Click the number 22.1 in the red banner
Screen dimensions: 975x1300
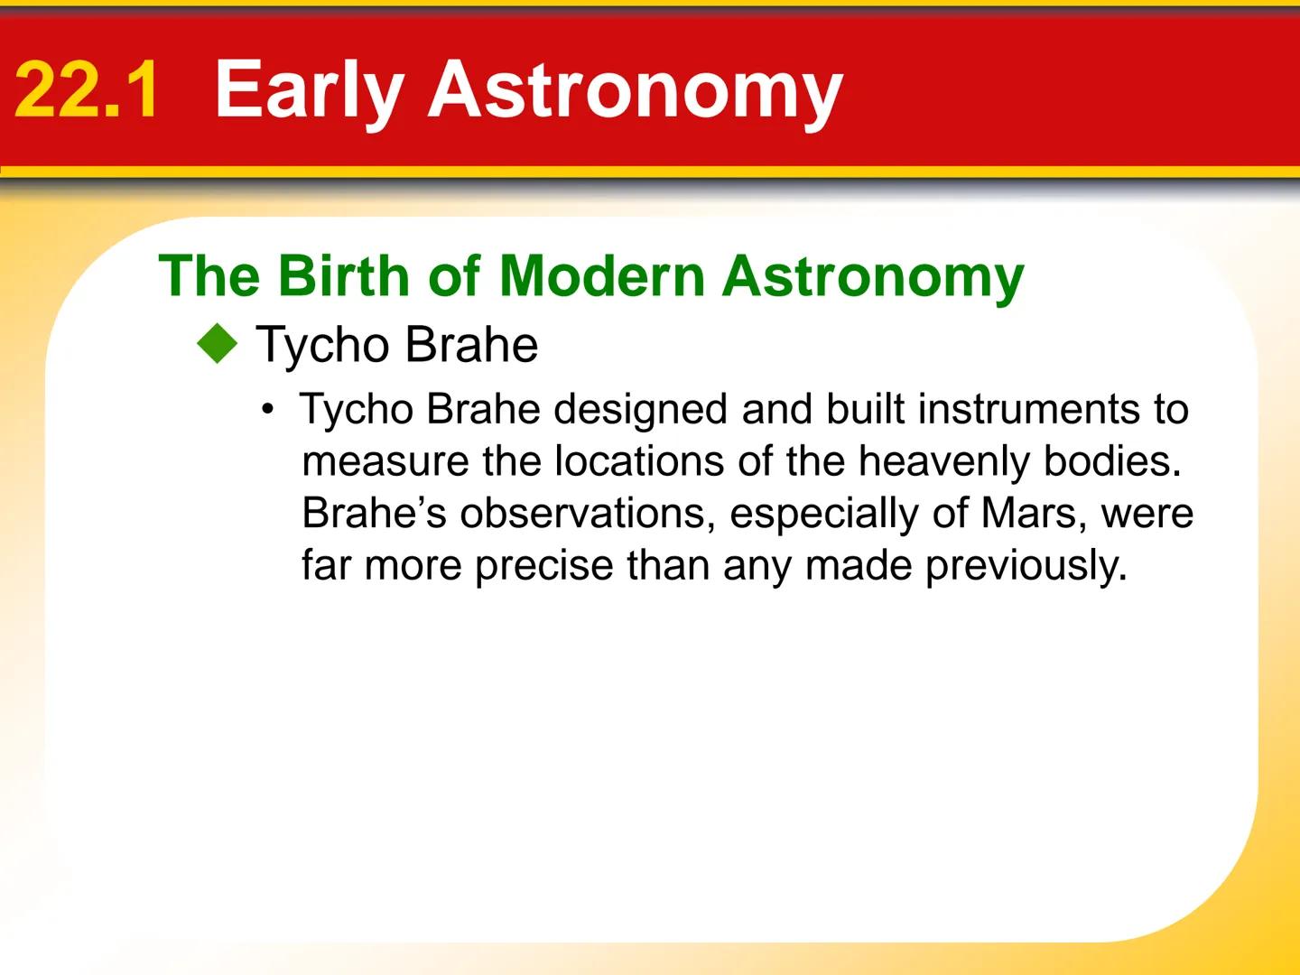point(87,90)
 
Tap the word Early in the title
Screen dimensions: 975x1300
point(308,90)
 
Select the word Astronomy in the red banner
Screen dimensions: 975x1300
point(635,90)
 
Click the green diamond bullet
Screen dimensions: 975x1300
point(218,345)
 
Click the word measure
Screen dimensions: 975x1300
point(385,461)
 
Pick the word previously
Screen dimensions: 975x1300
point(1026,566)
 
